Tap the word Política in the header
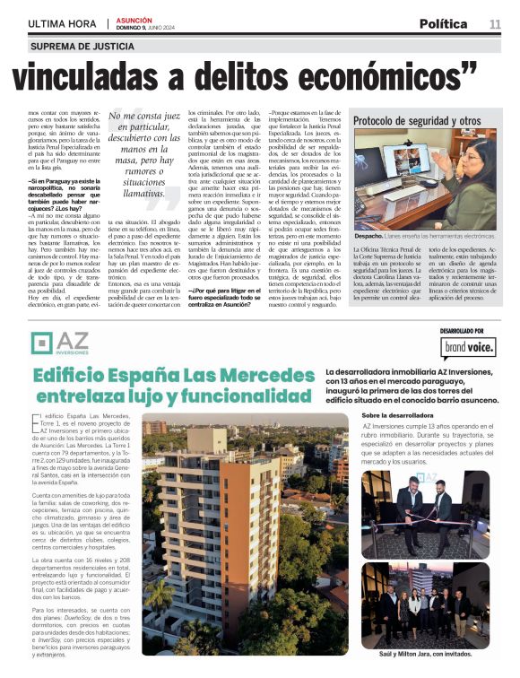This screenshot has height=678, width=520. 442,23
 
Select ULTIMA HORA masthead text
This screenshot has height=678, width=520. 63,23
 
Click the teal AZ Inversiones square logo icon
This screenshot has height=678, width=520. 41,343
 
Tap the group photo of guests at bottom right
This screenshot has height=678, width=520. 427,604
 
